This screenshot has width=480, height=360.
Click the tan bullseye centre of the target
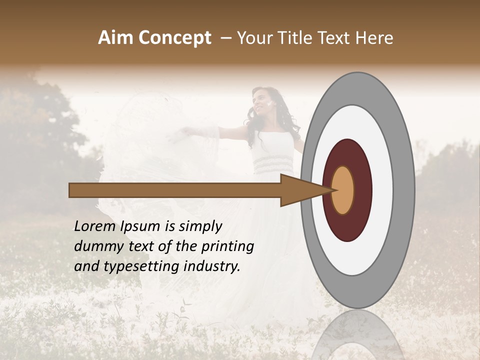pyautogui.click(x=343, y=190)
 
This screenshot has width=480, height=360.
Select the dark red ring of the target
pyautogui.click(x=362, y=190)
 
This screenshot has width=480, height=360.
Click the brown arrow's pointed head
pyautogui.click(x=300, y=190)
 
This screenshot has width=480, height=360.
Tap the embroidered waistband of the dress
pyautogui.click(x=272, y=163)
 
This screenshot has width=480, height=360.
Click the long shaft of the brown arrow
pyautogui.click(x=175, y=190)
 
